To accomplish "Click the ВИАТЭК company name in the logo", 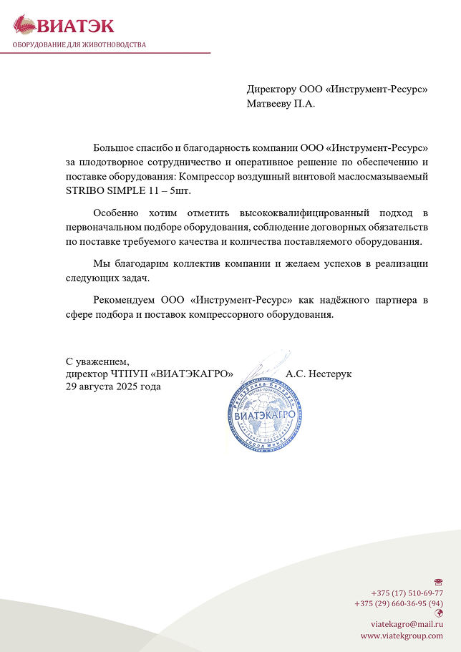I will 75,26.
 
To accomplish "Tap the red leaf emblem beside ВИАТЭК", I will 24,25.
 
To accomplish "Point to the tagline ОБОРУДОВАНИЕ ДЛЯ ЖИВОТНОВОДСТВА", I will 79,44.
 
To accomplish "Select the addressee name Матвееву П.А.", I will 281,103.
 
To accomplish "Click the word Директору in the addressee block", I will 271,89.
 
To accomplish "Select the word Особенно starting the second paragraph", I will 116,213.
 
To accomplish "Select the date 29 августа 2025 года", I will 113,386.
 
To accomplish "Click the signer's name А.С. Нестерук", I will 318,374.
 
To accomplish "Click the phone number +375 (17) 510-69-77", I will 407,593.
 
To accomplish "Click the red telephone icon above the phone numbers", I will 438,583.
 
